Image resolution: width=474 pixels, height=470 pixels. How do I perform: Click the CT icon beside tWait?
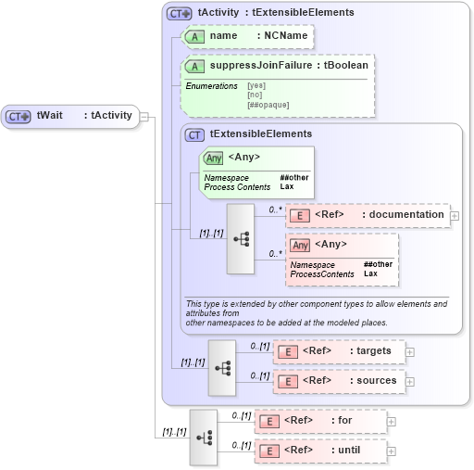[19, 117]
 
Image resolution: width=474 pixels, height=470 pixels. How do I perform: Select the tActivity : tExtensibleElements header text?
[276, 13]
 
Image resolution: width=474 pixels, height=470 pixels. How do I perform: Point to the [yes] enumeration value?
[256, 86]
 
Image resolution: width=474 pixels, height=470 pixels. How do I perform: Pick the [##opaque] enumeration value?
[268, 105]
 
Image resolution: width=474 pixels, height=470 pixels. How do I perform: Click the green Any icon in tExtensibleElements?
[213, 158]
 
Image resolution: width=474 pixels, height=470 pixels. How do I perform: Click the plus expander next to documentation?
[455, 215]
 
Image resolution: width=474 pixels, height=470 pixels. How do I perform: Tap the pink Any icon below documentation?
[300, 245]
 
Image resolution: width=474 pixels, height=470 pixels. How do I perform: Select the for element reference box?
[320, 421]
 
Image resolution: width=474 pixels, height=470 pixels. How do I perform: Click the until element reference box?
[320, 451]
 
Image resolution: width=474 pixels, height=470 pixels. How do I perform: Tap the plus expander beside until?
[392, 451]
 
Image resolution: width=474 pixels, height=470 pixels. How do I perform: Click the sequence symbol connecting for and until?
[204, 437]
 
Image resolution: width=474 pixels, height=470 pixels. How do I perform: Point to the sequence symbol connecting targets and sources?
[222, 367]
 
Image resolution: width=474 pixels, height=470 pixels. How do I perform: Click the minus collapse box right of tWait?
[144, 117]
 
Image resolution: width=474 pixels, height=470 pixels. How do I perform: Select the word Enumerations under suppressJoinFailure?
[212, 86]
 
